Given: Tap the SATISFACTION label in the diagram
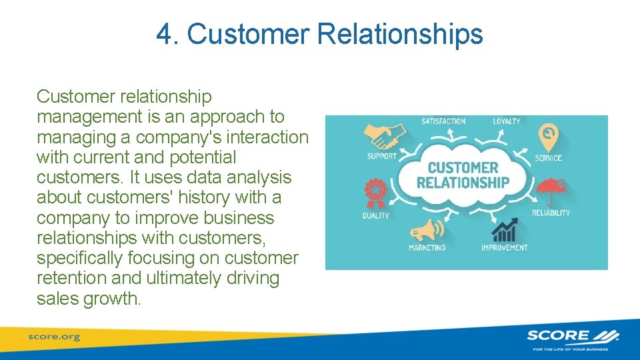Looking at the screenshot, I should point(443,121).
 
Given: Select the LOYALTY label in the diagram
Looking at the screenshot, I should point(507,121).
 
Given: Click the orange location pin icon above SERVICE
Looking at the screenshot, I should point(548,137).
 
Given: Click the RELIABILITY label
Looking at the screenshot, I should point(551,213).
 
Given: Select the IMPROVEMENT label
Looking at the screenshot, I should point(504,248).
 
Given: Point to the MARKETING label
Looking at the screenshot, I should point(427,248).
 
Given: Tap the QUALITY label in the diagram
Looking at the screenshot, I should point(375,216).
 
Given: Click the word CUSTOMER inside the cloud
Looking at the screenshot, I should point(463,167).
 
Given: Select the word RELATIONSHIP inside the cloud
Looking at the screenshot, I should point(463,182).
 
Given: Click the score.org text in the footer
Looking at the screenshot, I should point(53,337).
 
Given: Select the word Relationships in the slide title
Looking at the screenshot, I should point(400,34).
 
